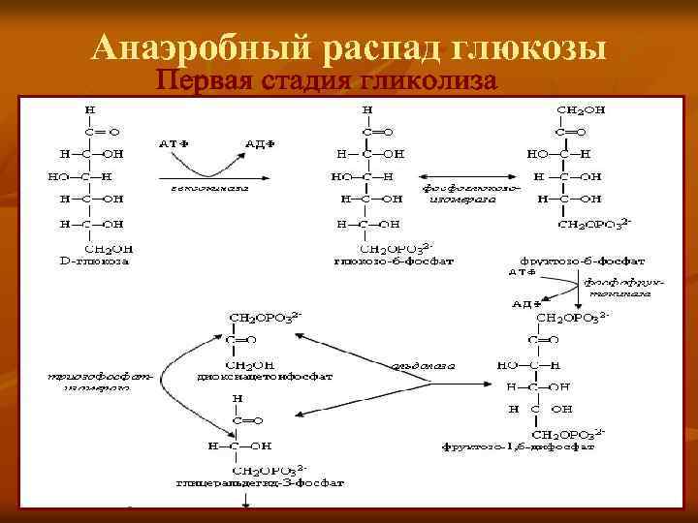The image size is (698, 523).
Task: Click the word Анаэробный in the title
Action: coord(194,47)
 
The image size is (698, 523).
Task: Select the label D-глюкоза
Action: coord(94,261)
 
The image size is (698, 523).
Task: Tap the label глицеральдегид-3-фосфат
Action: coord(252,480)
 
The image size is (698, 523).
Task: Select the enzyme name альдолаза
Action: coord(423,365)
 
